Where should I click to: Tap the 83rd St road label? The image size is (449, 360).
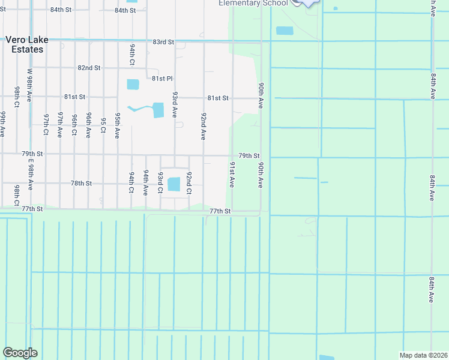[163, 42]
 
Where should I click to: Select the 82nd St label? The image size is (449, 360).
[89, 68]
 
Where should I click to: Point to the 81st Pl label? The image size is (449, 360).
[162, 79]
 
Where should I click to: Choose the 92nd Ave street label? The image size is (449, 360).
[203, 126]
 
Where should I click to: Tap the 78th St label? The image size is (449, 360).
[81, 183]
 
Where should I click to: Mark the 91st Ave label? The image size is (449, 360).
[232, 174]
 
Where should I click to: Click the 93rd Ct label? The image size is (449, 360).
[160, 182]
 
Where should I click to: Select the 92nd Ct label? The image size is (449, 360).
[188, 183]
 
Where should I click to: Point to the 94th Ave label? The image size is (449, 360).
[145, 182]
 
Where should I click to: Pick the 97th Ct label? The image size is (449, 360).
[46, 125]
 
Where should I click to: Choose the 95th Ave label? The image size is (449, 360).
[118, 125]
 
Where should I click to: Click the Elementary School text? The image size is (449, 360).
[253, 3]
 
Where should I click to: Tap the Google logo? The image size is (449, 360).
[20, 353]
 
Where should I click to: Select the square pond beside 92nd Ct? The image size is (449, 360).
[173, 184]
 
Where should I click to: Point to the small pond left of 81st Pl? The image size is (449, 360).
[133, 84]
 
